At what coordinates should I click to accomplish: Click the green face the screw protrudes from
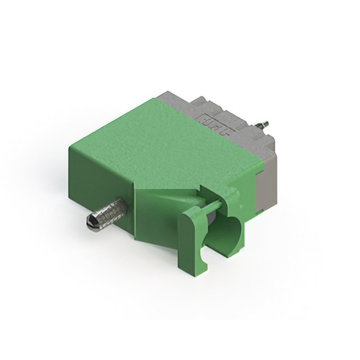101,186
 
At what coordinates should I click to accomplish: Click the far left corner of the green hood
69,147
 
